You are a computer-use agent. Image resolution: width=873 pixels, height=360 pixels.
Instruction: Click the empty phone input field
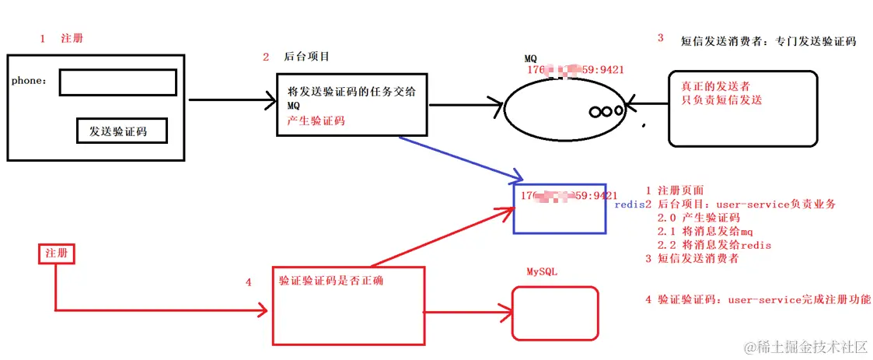117,82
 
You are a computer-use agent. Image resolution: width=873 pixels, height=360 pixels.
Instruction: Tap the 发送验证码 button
123,131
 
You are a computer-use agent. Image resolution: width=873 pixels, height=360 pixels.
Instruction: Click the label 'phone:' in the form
29,81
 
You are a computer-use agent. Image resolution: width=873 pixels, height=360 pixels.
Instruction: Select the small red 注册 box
56,253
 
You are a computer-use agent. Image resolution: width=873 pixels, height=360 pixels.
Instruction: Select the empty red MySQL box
554,313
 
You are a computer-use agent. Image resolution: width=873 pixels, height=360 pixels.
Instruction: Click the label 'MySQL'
543,272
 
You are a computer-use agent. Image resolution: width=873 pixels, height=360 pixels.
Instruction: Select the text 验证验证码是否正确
330,281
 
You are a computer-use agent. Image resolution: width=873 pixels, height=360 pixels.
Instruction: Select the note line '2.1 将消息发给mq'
705,231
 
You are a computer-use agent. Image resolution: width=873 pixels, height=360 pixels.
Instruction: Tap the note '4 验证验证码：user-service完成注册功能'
758,299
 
